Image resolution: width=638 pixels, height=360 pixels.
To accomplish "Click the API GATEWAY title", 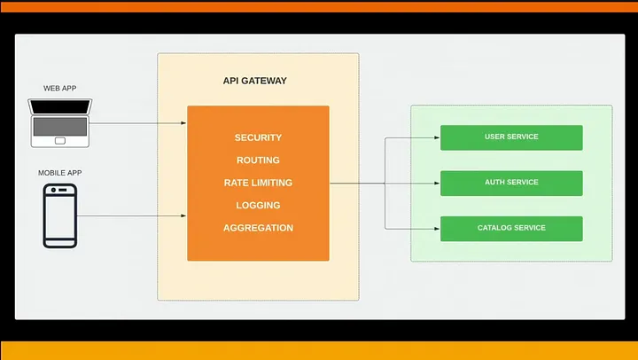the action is pos(254,81).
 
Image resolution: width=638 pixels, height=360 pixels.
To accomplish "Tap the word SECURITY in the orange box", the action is pos(258,137).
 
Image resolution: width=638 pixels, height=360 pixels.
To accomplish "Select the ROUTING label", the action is pos(258,160).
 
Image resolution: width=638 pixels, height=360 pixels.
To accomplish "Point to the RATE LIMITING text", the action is pos(258,183).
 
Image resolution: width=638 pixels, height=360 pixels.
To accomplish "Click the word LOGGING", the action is pos(258,205).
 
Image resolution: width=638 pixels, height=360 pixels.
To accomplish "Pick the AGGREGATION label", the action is pos(258,228).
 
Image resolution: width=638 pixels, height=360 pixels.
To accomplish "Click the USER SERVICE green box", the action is pos(511,137).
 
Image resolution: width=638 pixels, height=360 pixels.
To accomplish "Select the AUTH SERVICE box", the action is pos(511,184).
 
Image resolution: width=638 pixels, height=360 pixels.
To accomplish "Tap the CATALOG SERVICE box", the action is pos(511,229).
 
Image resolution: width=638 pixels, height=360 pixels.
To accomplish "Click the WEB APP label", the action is pos(60,89).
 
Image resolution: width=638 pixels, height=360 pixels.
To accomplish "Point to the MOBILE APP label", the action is pos(60,173).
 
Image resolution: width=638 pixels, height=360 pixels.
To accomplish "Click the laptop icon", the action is pos(60,123).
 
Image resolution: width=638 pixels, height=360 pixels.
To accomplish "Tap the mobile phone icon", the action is pos(60,215).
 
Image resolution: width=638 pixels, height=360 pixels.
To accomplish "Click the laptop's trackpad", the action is pos(60,141).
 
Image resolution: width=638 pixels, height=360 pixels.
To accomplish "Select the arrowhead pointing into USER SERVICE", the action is pos(437,137).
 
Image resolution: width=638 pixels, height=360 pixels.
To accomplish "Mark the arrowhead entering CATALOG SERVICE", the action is pos(437,229).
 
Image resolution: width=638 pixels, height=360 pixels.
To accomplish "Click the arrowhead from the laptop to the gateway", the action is pos(184,123).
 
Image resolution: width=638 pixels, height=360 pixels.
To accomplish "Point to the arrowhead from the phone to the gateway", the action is pos(184,215).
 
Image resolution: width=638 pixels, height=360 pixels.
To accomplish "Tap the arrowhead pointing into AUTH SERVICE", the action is pos(437,184).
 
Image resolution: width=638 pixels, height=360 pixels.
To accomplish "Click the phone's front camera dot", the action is pos(53,190).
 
